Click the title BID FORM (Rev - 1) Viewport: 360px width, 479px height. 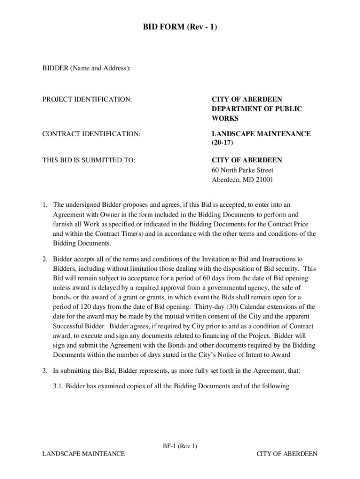pos(180,28)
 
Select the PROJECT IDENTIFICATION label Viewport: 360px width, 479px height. pos(87,99)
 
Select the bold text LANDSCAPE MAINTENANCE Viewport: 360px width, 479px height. pos(261,134)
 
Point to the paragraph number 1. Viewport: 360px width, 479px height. pos(45,205)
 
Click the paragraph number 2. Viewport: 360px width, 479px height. pos(45,259)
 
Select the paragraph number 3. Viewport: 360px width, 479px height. pos(45,371)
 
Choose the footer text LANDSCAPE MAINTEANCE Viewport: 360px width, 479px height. pos(83,454)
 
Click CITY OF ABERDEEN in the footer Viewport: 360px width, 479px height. pos(287,454)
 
